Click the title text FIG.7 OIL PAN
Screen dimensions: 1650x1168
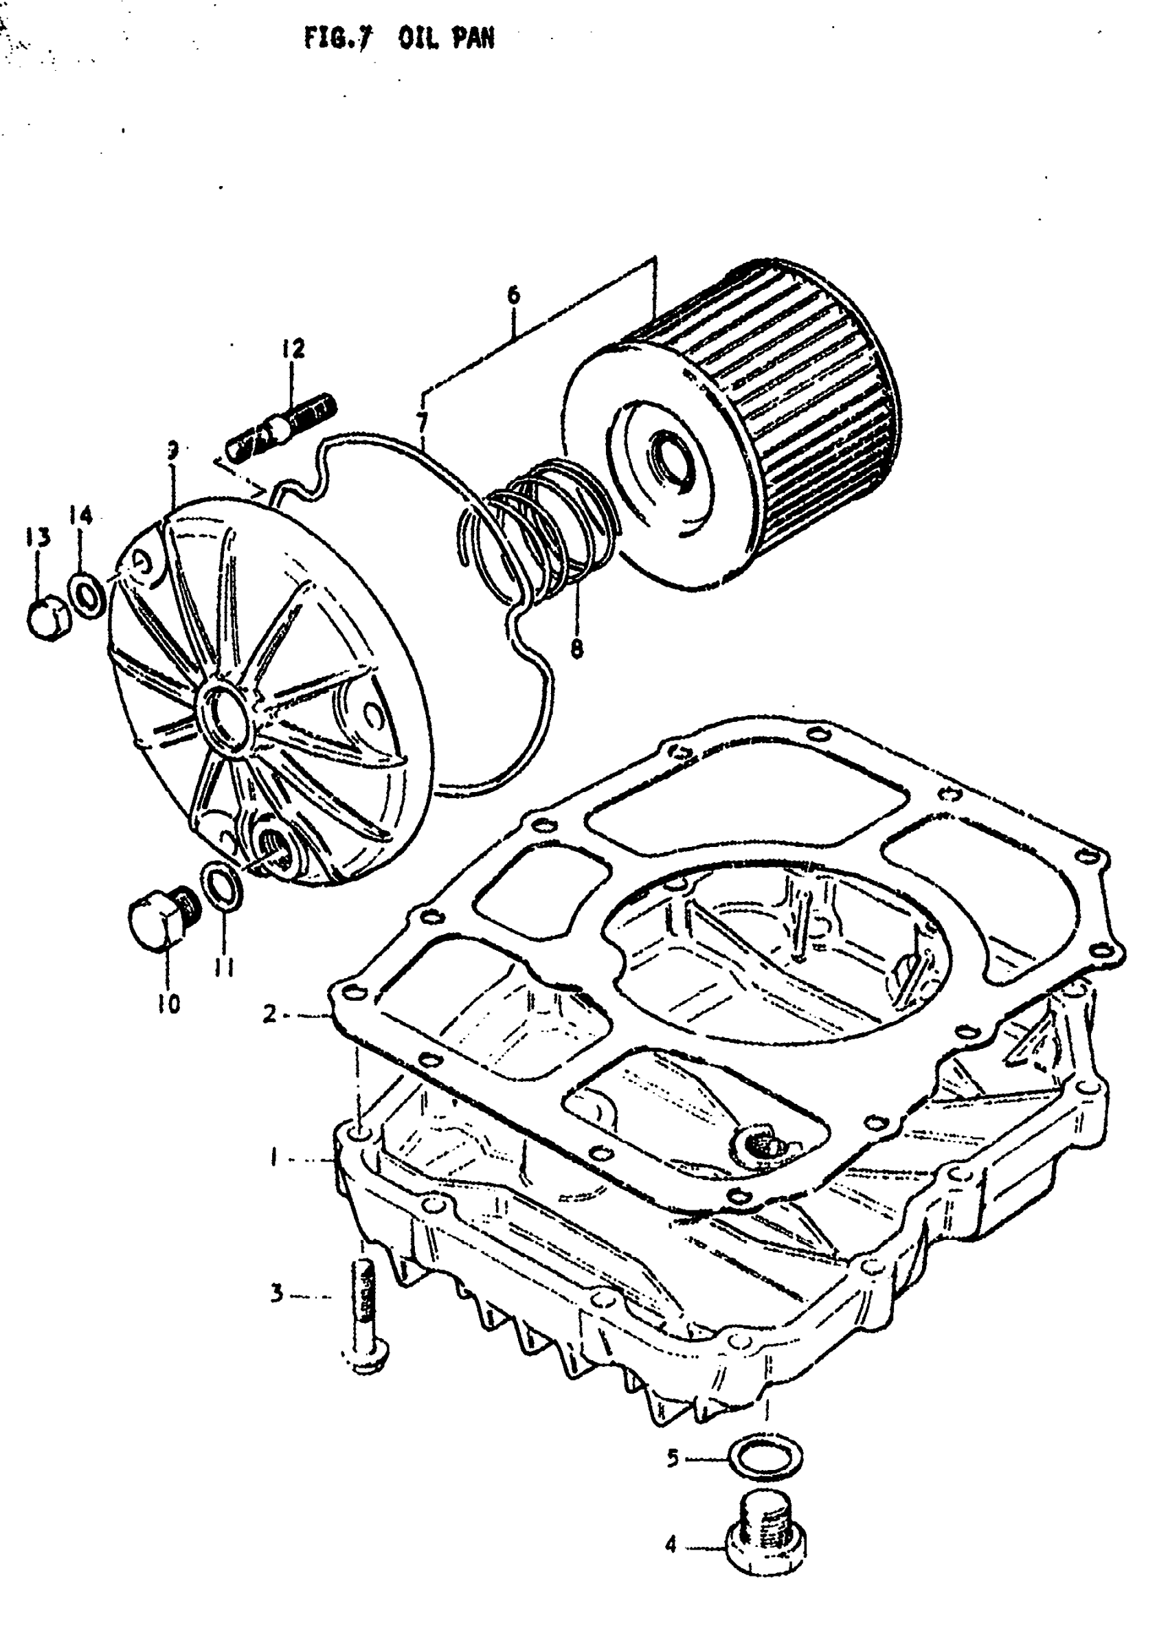(399, 38)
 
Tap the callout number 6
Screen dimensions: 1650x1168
(513, 295)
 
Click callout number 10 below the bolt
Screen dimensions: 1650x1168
(168, 1004)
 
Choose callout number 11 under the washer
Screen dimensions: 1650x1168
(223, 970)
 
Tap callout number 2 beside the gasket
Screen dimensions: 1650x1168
(269, 1014)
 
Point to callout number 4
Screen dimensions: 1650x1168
(671, 1544)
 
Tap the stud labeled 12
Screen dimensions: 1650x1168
(282, 431)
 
